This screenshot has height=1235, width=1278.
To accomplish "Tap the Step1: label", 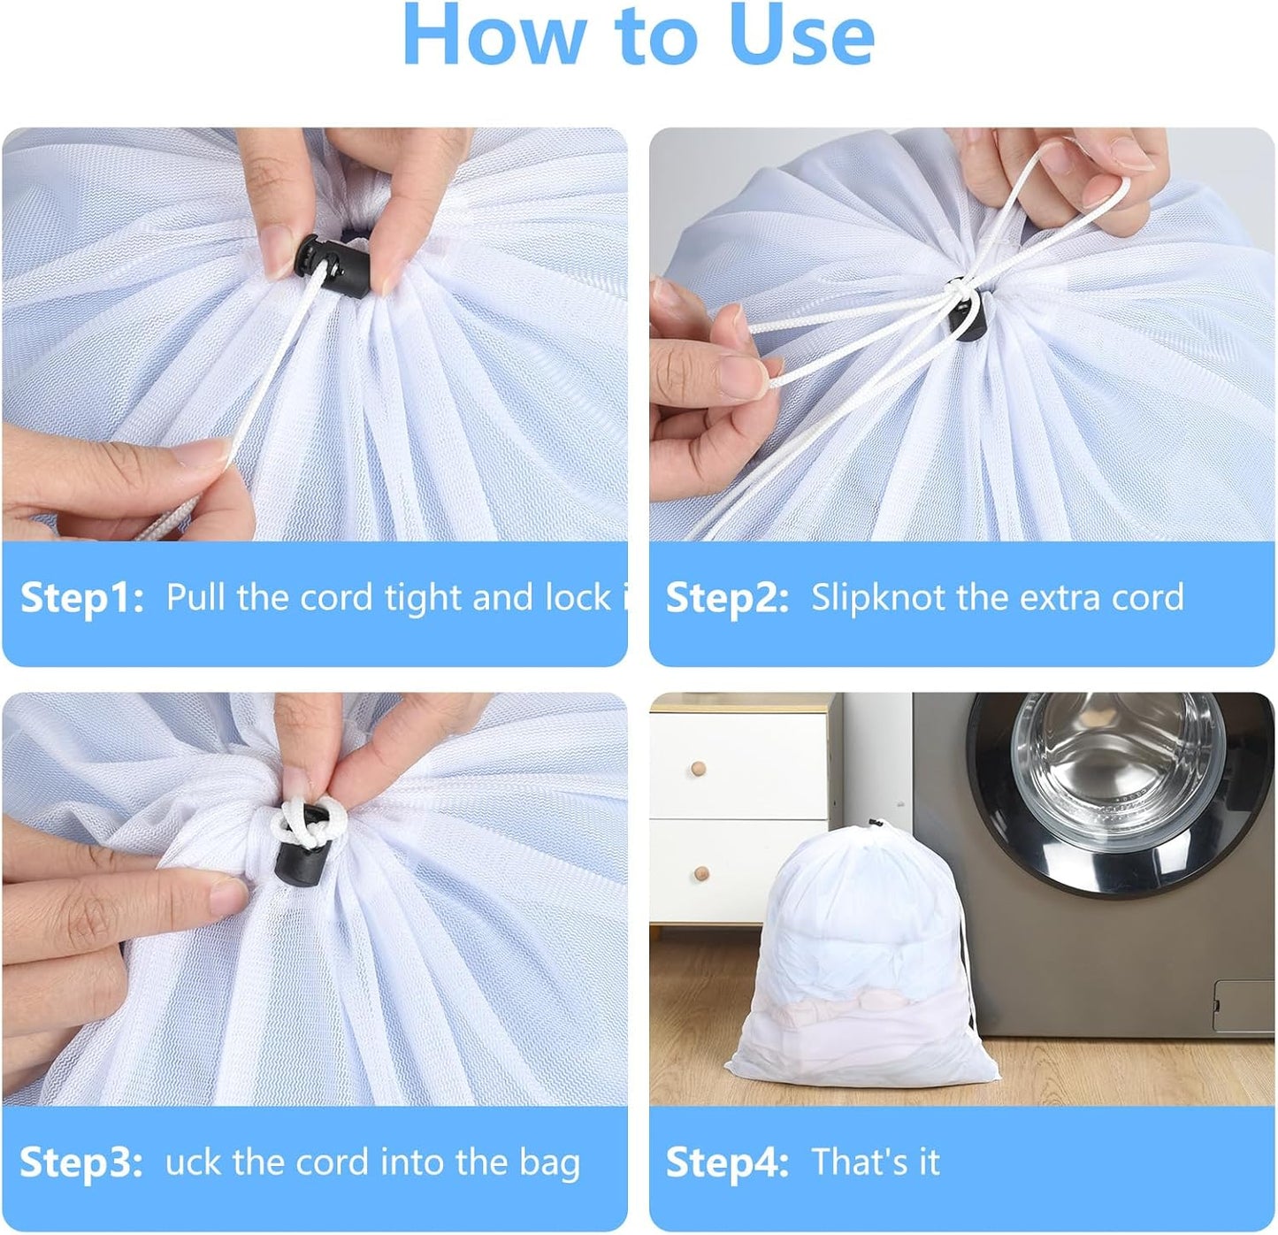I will [81, 598].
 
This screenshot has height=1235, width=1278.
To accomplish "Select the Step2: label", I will [727, 598].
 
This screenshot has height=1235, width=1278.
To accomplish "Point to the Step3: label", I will [80, 1162].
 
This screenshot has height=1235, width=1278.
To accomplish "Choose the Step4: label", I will [727, 1162].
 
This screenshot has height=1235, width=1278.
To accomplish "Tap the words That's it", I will [876, 1162].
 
